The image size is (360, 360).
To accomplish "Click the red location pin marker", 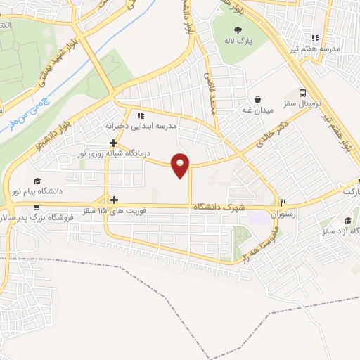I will pos(181,164).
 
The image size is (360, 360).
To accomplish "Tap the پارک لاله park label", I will pos(239,41).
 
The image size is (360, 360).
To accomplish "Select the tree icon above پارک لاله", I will pos(238,30).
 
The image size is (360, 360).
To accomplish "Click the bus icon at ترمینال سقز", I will pos(302,94).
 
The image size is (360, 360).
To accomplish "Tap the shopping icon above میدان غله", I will pos(258,98).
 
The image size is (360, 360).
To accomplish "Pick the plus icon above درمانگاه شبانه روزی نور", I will pos(113,141).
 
